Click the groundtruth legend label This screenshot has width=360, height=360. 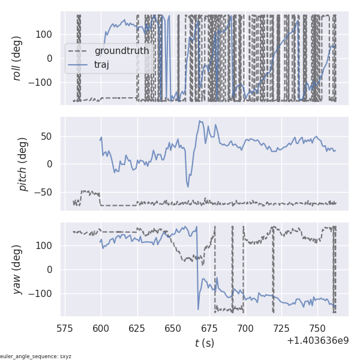(122, 51)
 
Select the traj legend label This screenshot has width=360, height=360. (102, 64)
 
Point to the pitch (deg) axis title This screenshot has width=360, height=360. (23, 164)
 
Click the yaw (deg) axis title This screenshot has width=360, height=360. (19, 269)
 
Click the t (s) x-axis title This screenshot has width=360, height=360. (205, 343)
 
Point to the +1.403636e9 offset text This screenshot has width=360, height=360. (317, 340)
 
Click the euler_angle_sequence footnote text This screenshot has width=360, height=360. (36, 356)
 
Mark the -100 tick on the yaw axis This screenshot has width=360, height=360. (44, 293)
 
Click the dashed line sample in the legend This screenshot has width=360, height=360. (78, 51)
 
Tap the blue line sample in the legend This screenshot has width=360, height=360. (78, 64)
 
